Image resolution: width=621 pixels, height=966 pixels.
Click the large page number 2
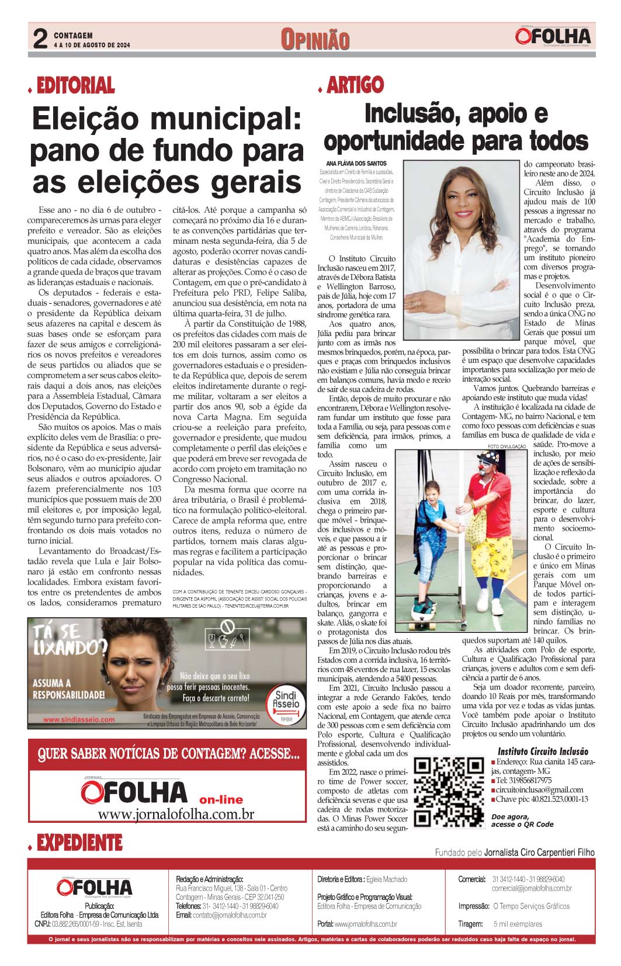(40, 39)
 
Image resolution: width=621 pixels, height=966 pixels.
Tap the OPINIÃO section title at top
(315, 39)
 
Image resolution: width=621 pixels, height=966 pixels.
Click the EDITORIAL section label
(75, 86)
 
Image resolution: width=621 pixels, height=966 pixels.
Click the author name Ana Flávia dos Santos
(356, 163)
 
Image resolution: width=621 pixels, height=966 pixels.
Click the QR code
(449, 792)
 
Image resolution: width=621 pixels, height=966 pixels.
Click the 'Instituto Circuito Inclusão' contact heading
(543, 752)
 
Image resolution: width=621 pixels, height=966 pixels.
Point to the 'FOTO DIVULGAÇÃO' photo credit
(506, 446)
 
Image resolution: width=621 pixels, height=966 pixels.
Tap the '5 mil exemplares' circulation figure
(518, 924)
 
